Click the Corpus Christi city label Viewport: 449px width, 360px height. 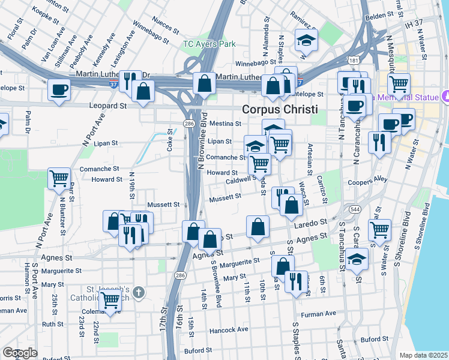pos(280,110)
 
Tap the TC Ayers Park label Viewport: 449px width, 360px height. pos(209,44)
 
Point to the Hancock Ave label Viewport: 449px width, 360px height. pos(229,329)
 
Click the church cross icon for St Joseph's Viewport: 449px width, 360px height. pos(138,292)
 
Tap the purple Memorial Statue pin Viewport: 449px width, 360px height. pos(445,95)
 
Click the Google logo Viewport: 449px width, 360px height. pos(20,353)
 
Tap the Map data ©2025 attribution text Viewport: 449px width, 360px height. pos(424,355)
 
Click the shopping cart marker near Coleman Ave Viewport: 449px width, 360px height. pos(109,301)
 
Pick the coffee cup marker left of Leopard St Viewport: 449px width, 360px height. pos(59,90)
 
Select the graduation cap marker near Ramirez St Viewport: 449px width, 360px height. pos(306,40)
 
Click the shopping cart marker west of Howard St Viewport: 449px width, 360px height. pos(58,178)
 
